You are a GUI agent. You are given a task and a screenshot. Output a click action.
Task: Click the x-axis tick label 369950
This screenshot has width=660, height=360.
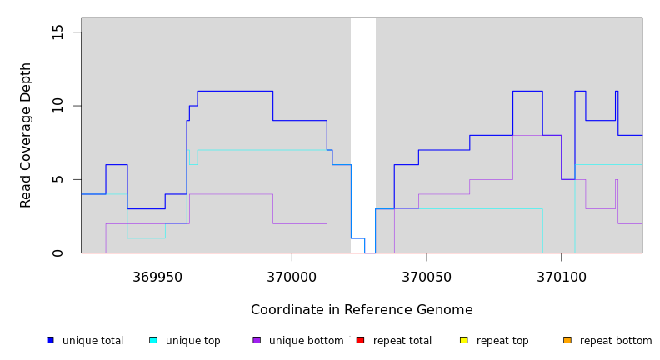157,277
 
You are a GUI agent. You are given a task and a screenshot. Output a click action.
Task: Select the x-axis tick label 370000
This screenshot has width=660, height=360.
292,277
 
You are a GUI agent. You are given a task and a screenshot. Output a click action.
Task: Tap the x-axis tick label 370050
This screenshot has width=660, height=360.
427,277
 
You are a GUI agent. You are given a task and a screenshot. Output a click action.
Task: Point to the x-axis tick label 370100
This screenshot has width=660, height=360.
561,277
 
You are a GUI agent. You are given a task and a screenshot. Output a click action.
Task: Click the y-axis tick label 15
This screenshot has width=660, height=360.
57,32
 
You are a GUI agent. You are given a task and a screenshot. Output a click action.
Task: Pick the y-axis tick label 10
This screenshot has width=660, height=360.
57,106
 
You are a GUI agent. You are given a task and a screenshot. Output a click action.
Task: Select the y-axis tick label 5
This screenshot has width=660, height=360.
57,179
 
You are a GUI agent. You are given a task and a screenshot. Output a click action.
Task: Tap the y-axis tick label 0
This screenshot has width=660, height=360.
57,252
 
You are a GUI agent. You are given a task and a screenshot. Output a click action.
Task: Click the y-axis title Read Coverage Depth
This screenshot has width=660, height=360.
27,135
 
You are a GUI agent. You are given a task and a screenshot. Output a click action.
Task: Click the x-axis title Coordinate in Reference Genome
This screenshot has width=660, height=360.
362,310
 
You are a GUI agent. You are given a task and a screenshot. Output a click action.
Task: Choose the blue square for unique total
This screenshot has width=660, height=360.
51,340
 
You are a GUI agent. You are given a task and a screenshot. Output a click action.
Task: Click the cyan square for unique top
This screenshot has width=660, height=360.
153,340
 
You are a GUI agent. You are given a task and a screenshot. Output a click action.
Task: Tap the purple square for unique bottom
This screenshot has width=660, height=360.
257,340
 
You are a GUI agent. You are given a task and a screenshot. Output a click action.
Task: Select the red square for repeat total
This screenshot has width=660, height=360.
360,340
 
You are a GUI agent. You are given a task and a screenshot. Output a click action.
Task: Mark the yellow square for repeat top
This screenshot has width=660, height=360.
464,340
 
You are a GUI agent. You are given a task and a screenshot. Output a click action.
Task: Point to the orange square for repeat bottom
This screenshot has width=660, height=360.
567,340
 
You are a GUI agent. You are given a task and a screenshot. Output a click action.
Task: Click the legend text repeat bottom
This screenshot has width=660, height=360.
616,341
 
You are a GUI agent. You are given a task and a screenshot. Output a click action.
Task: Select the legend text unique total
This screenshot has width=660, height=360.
92,341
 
